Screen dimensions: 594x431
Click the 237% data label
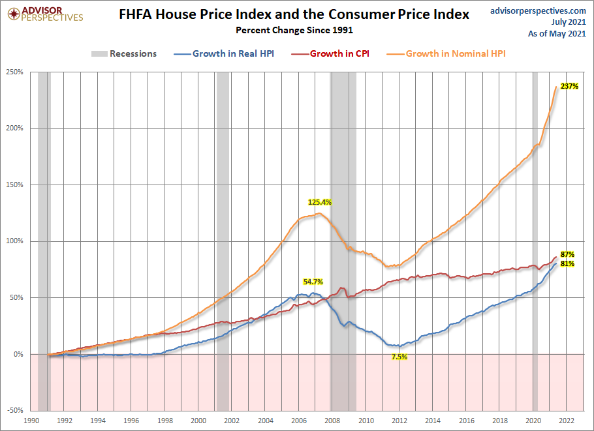pos(569,86)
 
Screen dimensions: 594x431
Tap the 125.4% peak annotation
pos(320,202)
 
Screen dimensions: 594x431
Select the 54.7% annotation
pos(313,282)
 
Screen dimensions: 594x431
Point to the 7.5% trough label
pos(399,357)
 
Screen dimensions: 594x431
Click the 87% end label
pos(567,255)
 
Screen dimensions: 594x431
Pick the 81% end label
pos(567,263)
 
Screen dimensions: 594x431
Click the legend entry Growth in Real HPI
pos(224,53)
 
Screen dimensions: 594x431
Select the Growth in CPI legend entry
pos(330,53)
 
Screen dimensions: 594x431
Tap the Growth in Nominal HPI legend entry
pos(446,53)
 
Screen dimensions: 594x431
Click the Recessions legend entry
pos(124,53)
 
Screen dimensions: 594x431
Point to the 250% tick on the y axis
pos(15,72)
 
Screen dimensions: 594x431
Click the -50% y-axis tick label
pos(15,410)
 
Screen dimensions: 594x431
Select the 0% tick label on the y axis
pos(18,354)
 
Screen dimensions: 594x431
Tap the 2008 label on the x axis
pos(332,421)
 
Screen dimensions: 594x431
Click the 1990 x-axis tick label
pos(31,421)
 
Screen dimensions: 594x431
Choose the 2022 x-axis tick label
pos(567,421)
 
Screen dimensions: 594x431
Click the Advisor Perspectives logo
pos(46,14)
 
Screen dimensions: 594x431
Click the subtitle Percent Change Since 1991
pos(294,30)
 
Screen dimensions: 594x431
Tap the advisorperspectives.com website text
pos(538,11)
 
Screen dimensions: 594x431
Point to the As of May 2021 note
pos(557,34)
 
